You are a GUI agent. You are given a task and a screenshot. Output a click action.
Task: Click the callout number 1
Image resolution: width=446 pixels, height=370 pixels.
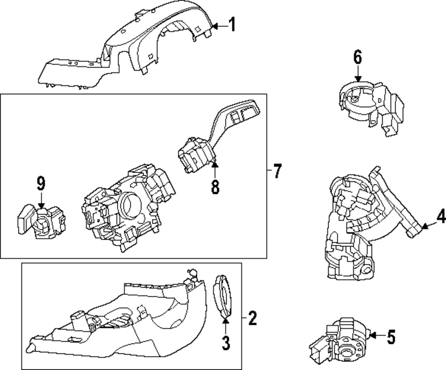[231, 25]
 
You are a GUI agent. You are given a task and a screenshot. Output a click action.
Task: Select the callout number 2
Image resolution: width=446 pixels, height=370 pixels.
[252, 318]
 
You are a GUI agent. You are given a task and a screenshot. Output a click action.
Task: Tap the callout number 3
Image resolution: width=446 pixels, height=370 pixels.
[226, 342]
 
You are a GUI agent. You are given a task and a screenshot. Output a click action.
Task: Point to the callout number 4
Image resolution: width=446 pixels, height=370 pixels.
[441, 217]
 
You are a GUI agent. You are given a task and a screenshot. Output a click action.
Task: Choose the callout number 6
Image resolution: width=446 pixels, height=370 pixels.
[358, 57]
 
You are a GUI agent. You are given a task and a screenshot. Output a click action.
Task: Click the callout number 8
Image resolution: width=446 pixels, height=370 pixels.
[215, 187]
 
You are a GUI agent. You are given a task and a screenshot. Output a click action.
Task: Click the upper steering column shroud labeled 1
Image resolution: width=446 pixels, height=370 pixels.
[134, 49]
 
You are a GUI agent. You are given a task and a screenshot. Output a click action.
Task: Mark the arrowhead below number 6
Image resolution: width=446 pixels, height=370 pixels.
[358, 78]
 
